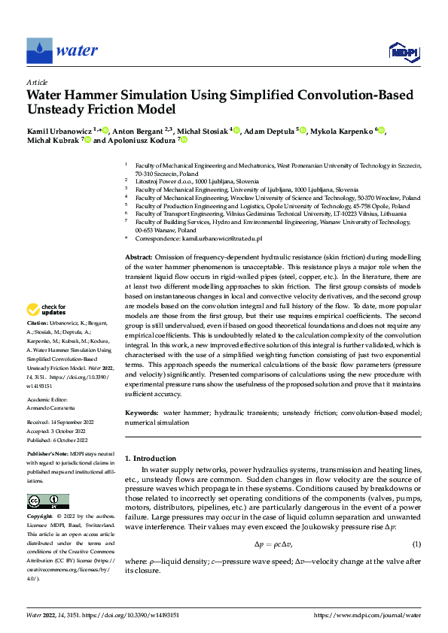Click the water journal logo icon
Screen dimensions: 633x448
[40, 50]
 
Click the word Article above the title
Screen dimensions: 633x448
[37, 82]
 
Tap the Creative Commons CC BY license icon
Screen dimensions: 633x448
[47, 501]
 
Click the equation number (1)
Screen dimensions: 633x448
[416, 544]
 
